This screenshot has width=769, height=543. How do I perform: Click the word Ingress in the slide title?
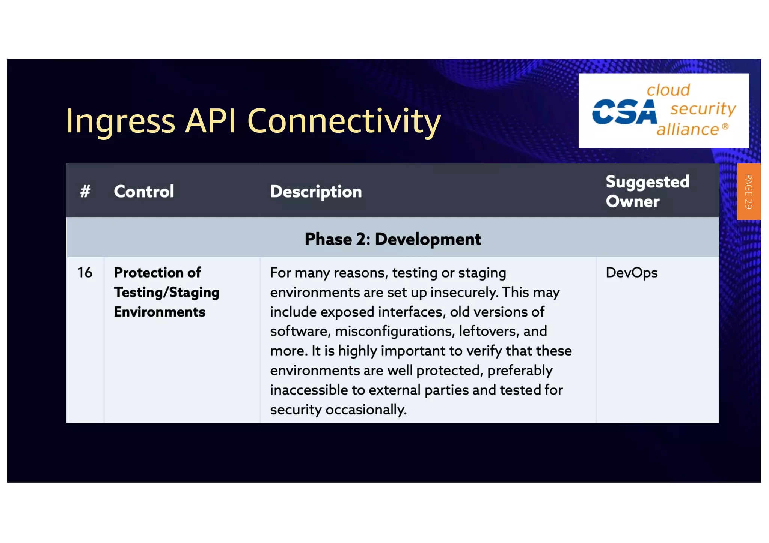(x=120, y=121)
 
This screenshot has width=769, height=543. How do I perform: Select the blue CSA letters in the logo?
(x=624, y=112)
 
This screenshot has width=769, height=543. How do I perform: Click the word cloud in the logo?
(x=668, y=90)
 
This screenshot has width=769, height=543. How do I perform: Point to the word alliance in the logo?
(x=688, y=129)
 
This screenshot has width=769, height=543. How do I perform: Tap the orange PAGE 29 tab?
(x=748, y=192)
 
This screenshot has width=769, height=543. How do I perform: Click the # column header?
(x=85, y=191)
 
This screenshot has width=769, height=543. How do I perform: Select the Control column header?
(x=144, y=191)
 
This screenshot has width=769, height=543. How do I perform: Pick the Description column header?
(x=316, y=192)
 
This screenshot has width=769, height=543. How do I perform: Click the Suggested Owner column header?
(x=647, y=191)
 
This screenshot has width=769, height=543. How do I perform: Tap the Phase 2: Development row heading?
(x=393, y=239)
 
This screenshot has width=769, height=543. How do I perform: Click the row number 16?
(x=85, y=272)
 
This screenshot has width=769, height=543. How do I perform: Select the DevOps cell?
(x=632, y=273)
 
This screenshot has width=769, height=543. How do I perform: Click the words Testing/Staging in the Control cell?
(x=166, y=292)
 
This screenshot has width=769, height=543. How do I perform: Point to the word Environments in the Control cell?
(x=160, y=312)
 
